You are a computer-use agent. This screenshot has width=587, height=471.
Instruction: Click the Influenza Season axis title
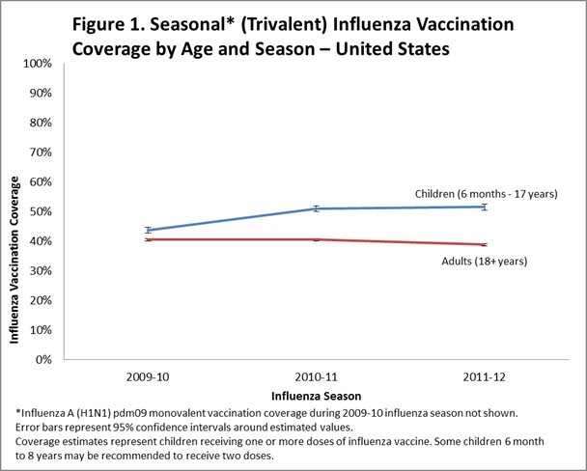click(315, 396)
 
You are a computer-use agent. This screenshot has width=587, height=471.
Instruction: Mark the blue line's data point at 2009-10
click(148, 230)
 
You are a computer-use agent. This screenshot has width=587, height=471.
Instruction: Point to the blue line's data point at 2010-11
click(315, 208)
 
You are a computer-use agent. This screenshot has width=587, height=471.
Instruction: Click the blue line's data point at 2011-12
click(483, 207)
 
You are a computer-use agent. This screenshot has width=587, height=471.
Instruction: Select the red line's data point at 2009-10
click(148, 239)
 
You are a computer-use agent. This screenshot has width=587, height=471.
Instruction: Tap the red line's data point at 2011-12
click(483, 244)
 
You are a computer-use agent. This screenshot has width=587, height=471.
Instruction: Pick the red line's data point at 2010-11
click(315, 239)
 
